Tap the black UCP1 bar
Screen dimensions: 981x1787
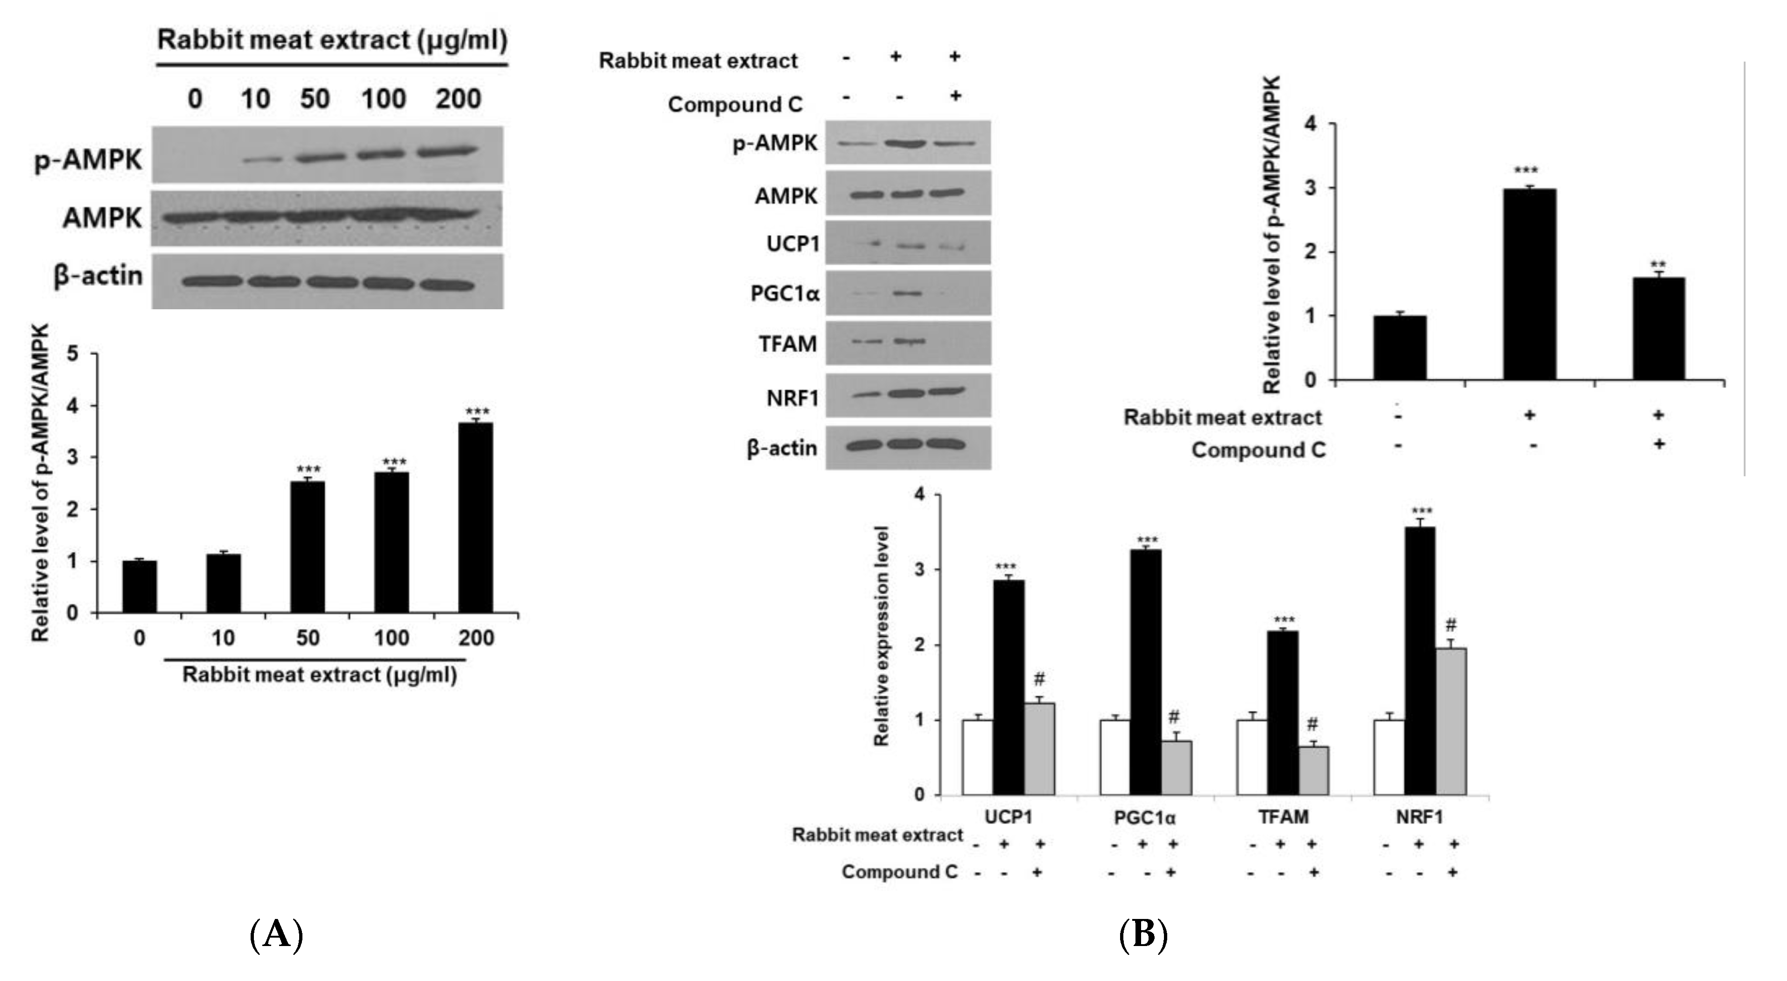(1008, 686)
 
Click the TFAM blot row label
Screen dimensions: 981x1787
(787, 344)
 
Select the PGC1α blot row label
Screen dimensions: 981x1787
(785, 294)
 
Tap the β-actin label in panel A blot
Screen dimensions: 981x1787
(98, 276)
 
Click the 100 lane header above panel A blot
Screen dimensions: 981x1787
(383, 99)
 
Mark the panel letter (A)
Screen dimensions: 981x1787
(276, 934)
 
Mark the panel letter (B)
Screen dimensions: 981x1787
(1143, 934)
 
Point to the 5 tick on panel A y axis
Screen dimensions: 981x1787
(74, 354)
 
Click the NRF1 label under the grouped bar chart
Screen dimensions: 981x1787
(1419, 817)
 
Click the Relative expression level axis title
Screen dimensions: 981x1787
(882, 636)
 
